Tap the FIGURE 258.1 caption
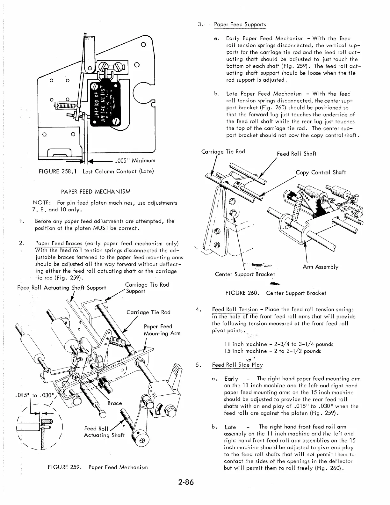point(96,172)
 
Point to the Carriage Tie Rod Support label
point(147,288)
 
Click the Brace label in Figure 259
point(115,403)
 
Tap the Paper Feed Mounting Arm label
point(162,330)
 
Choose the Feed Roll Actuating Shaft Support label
point(61,288)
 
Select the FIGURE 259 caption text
point(97,467)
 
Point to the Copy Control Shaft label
point(321,172)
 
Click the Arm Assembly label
point(321,267)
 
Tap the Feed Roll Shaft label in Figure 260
point(296,154)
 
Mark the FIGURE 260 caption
point(276,293)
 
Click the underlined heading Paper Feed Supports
point(240,25)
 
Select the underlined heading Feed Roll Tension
point(235,309)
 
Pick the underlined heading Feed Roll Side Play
point(237,365)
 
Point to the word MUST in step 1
point(93,229)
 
